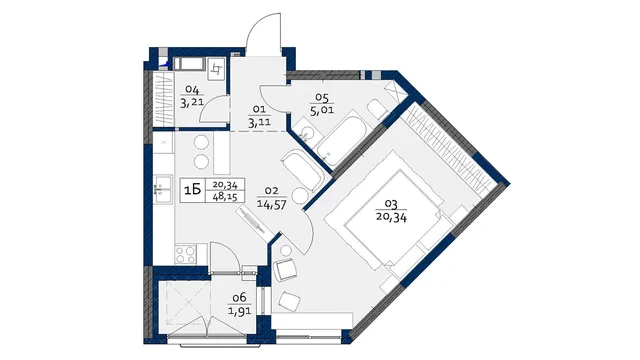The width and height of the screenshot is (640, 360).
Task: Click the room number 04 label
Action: point(192,89)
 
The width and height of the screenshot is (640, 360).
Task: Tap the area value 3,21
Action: point(192,102)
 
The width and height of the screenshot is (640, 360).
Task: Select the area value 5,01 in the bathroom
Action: point(322,110)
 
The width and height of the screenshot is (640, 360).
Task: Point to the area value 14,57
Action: point(271,203)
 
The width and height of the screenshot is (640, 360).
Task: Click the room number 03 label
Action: point(391,204)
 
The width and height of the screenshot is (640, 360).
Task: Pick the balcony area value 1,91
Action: point(240,310)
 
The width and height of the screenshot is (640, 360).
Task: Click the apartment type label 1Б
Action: point(193,190)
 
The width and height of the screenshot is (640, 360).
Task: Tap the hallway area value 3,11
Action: point(259,122)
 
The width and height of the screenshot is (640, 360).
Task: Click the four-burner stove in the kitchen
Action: point(186,254)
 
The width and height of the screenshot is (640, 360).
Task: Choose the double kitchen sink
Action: point(162,189)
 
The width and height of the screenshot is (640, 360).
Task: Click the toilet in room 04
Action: point(216,69)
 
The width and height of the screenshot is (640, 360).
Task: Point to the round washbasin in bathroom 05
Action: point(304,131)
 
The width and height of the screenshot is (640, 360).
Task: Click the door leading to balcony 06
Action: point(223,257)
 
